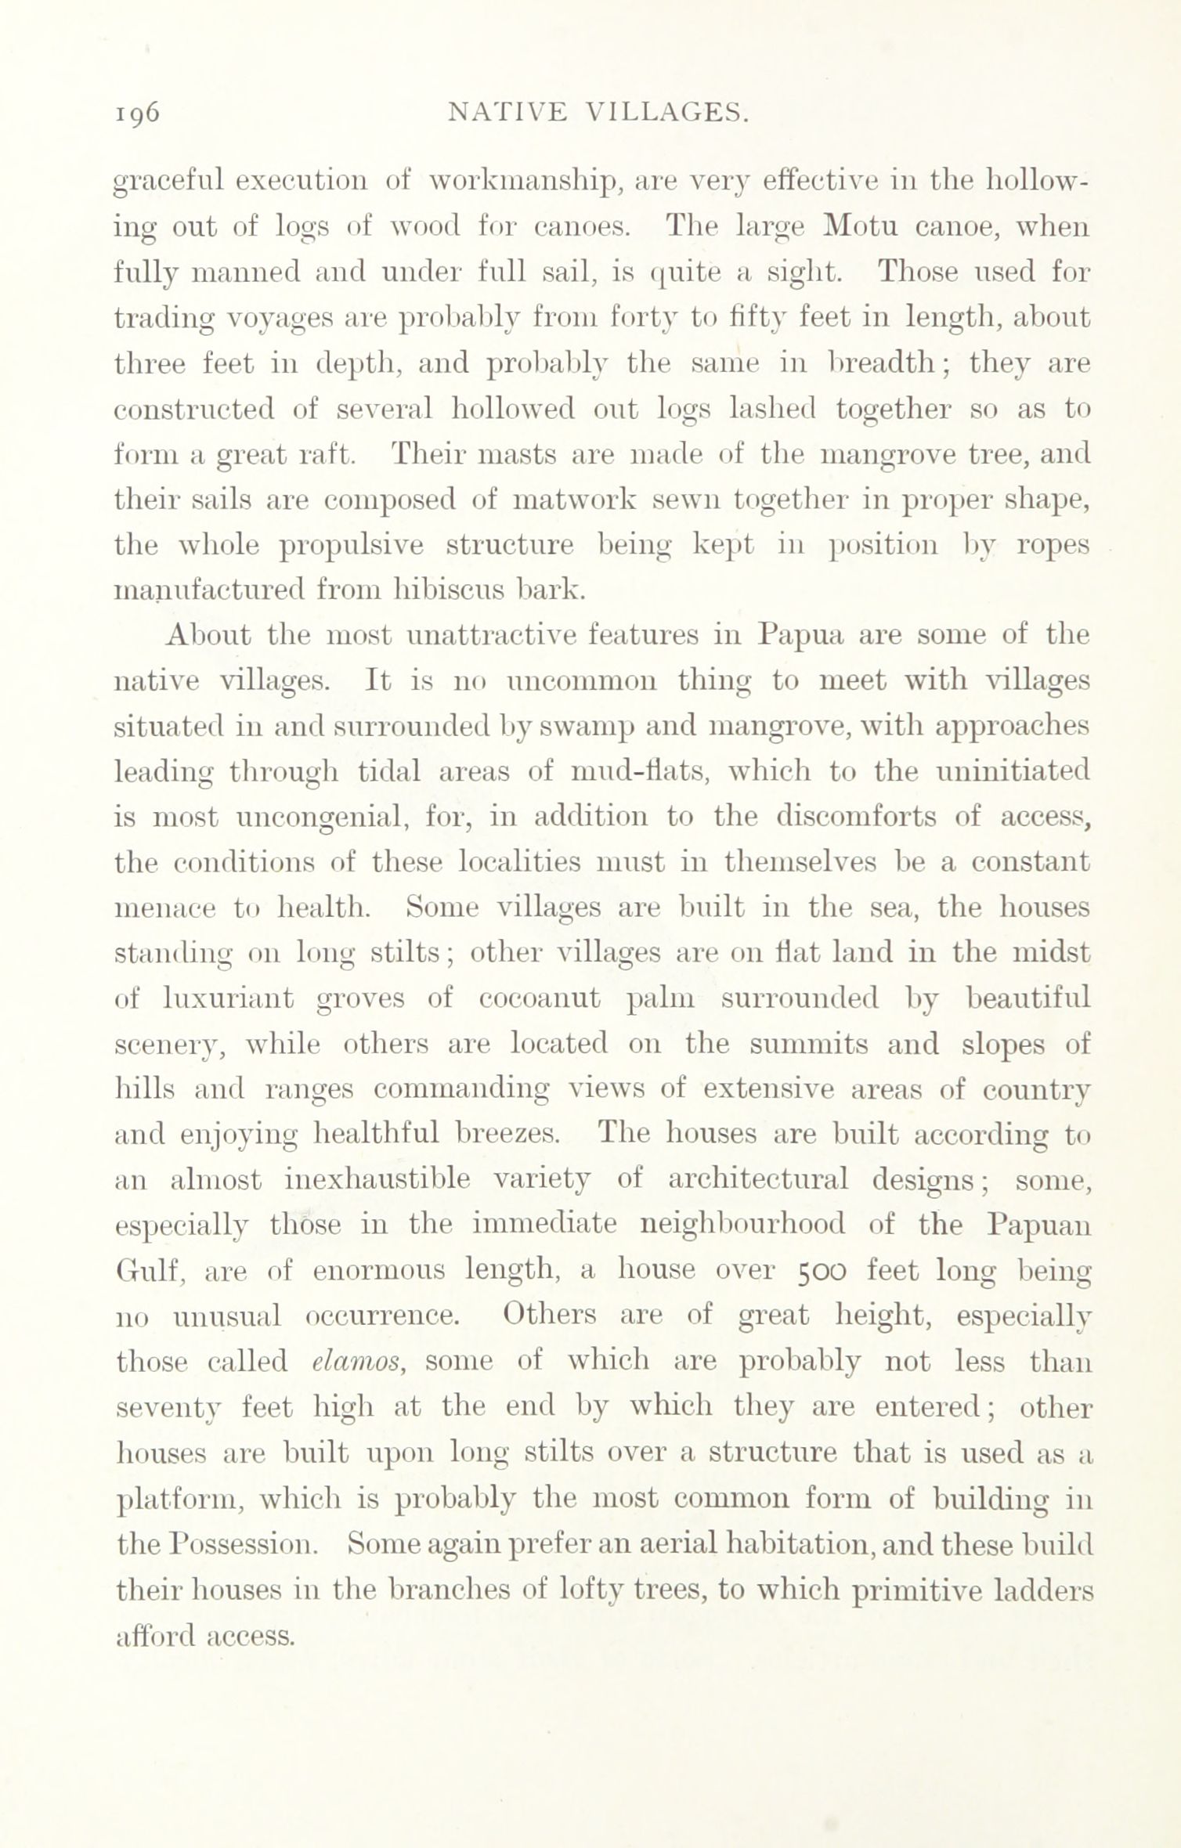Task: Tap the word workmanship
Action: (x=521, y=182)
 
